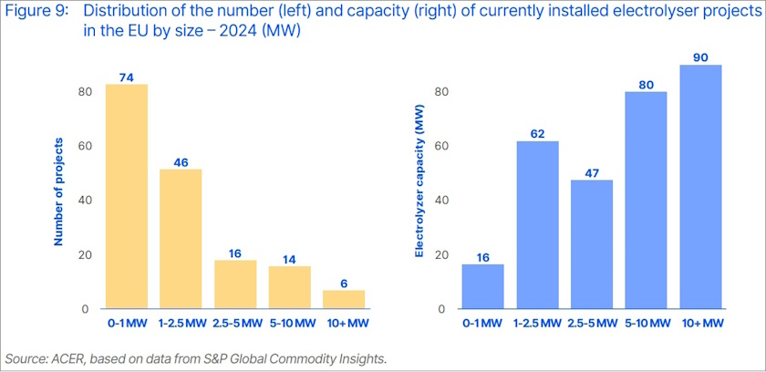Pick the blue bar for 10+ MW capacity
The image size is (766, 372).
point(700,187)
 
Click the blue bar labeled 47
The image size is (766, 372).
point(592,244)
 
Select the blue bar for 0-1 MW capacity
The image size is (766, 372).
point(483,286)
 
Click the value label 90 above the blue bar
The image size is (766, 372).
point(700,57)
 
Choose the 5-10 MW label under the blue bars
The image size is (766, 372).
point(647,324)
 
